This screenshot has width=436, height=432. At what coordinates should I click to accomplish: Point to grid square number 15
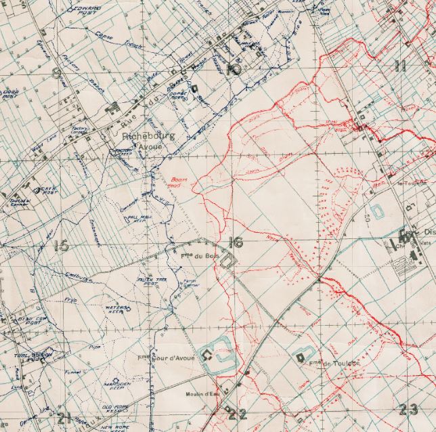61,245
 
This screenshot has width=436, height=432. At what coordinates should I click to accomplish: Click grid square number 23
409,408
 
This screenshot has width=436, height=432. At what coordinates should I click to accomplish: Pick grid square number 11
400,66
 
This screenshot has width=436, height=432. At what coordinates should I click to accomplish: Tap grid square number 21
65,416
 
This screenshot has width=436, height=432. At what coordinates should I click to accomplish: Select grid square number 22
236,414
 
